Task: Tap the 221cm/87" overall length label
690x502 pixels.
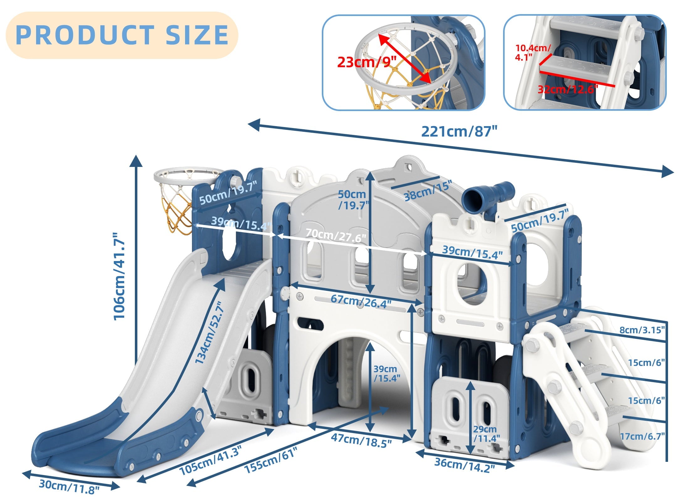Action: [459, 131]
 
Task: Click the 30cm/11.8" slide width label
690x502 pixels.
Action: [69, 487]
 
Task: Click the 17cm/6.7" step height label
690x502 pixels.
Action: [642, 436]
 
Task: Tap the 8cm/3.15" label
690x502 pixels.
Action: [642, 330]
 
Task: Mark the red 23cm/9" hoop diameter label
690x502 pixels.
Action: [367, 62]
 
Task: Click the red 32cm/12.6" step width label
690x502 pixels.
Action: [568, 89]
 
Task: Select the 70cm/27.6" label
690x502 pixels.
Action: [336, 235]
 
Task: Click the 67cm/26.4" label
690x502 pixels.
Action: [361, 302]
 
